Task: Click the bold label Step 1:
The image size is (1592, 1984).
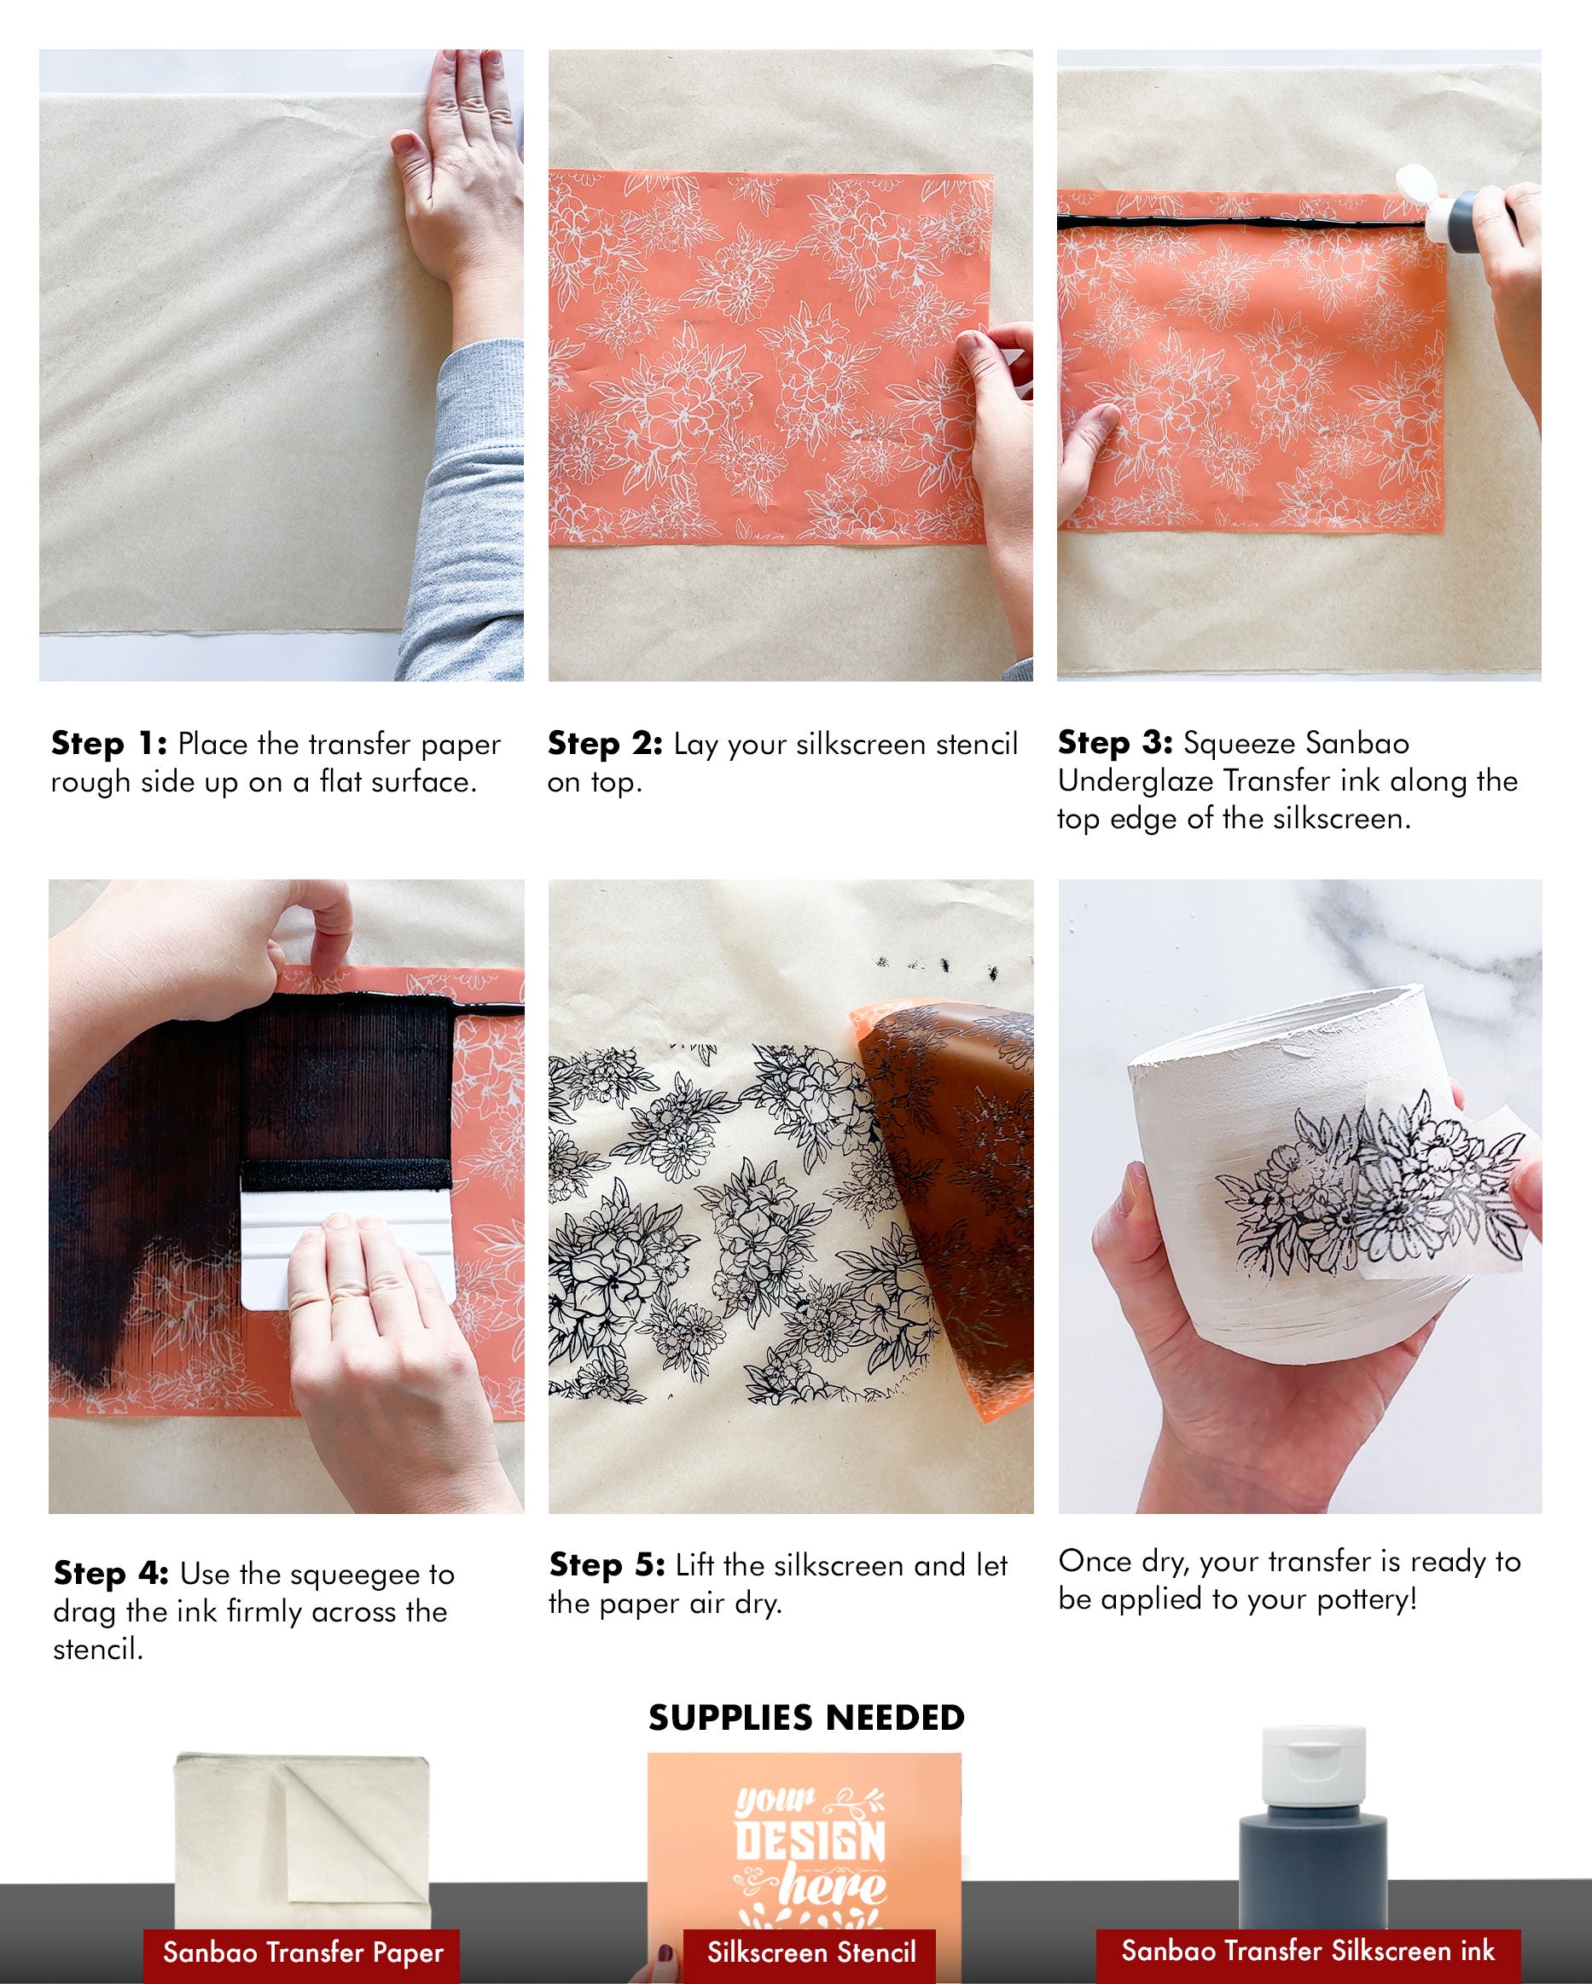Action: pos(108,743)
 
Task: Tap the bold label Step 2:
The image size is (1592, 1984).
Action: pos(605,743)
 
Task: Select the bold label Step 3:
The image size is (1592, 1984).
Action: pos(1114,742)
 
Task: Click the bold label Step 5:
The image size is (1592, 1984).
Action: pos(607,1564)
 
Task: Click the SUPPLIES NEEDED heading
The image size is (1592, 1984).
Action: pos(806,1717)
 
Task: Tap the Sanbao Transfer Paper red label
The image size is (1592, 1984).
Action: pos(302,1951)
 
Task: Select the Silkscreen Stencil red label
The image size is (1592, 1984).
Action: pos(810,1951)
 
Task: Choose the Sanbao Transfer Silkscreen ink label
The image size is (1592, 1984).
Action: pos(1307,1949)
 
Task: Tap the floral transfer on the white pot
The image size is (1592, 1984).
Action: pos(1362,1187)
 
